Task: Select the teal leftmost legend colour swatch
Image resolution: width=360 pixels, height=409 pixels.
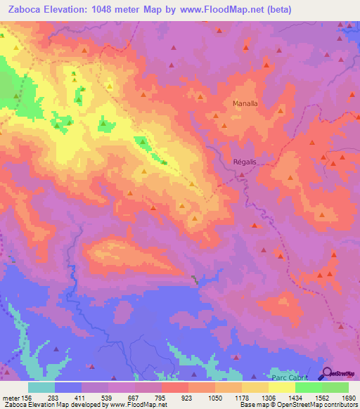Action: (x=41, y=387)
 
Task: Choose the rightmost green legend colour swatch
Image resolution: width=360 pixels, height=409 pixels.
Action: (x=335, y=387)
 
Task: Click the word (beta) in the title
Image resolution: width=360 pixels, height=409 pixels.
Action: (x=275, y=9)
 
